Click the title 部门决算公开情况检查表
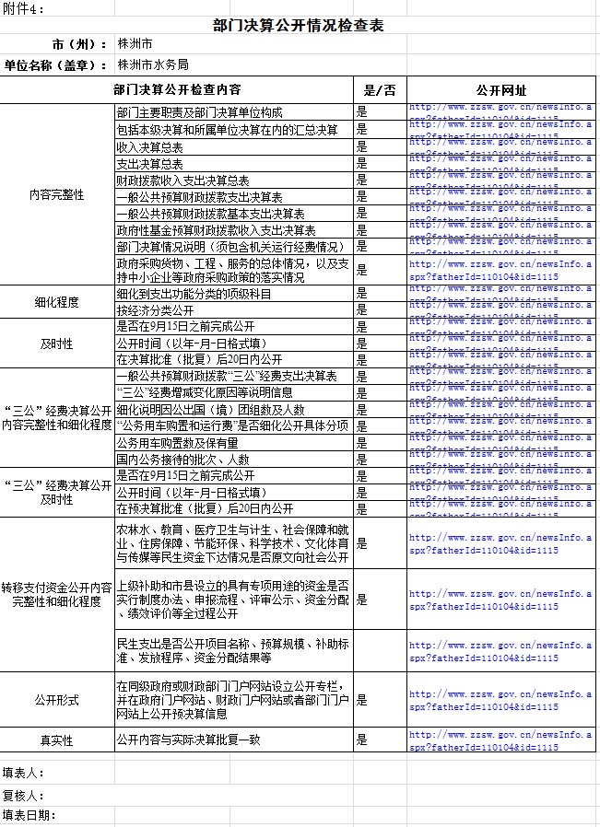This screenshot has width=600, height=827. (298, 25)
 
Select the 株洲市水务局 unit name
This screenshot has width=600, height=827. (153, 64)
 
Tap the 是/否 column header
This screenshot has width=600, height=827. (380, 90)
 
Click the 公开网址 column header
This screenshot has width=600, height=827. (501, 90)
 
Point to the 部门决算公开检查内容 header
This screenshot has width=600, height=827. (178, 90)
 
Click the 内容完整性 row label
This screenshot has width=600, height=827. (57, 196)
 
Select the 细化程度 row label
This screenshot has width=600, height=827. (57, 302)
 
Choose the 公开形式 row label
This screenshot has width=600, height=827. (57, 700)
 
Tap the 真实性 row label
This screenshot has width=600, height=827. (57, 740)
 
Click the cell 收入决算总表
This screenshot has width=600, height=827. (149, 147)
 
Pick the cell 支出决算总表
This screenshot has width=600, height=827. (149, 164)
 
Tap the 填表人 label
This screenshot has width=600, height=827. (23, 773)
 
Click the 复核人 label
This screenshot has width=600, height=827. (23, 795)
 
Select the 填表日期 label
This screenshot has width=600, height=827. (29, 816)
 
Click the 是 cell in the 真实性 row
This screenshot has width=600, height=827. (362, 740)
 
